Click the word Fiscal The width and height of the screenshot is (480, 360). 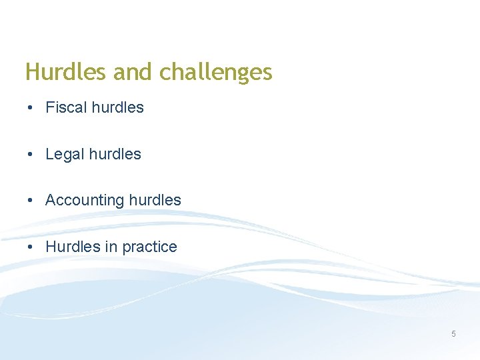(65, 107)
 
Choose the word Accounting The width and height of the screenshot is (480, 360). (85, 201)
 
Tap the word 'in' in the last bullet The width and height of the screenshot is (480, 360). (111, 247)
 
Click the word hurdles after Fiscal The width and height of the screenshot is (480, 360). (117, 107)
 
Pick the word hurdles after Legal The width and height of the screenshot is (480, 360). (115, 154)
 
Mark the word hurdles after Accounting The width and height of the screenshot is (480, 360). (155, 200)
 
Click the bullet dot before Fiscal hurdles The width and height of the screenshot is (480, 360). (31, 108)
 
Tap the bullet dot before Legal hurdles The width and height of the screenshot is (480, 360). (31, 155)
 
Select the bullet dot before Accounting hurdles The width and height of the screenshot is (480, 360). (31, 201)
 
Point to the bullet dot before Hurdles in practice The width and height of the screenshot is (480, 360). (31, 247)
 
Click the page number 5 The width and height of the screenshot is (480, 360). (453, 334)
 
